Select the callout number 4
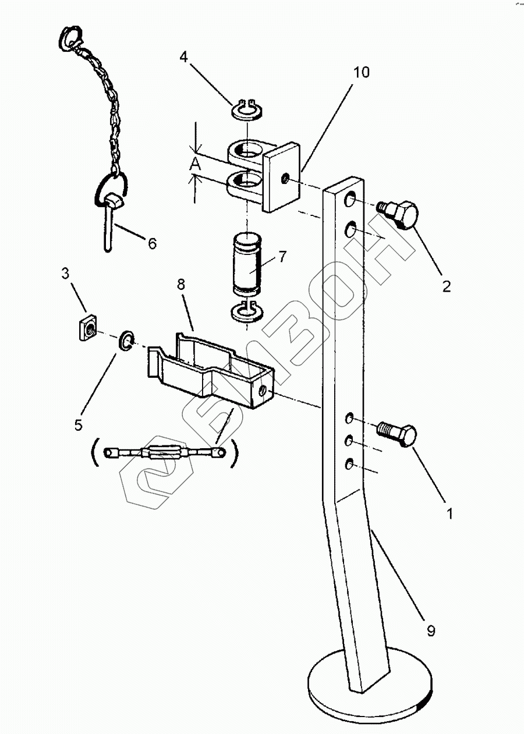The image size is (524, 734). point(183,57)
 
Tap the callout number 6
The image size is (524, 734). point(152,243)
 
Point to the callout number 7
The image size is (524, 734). point(282,256)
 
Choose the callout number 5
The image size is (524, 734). point(79,424)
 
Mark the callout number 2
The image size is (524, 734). point(446,286)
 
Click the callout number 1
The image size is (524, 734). point(448,514)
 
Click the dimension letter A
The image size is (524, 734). point(196,165)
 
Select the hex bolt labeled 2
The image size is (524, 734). point(401,216)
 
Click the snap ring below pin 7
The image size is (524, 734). point(249,312)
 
